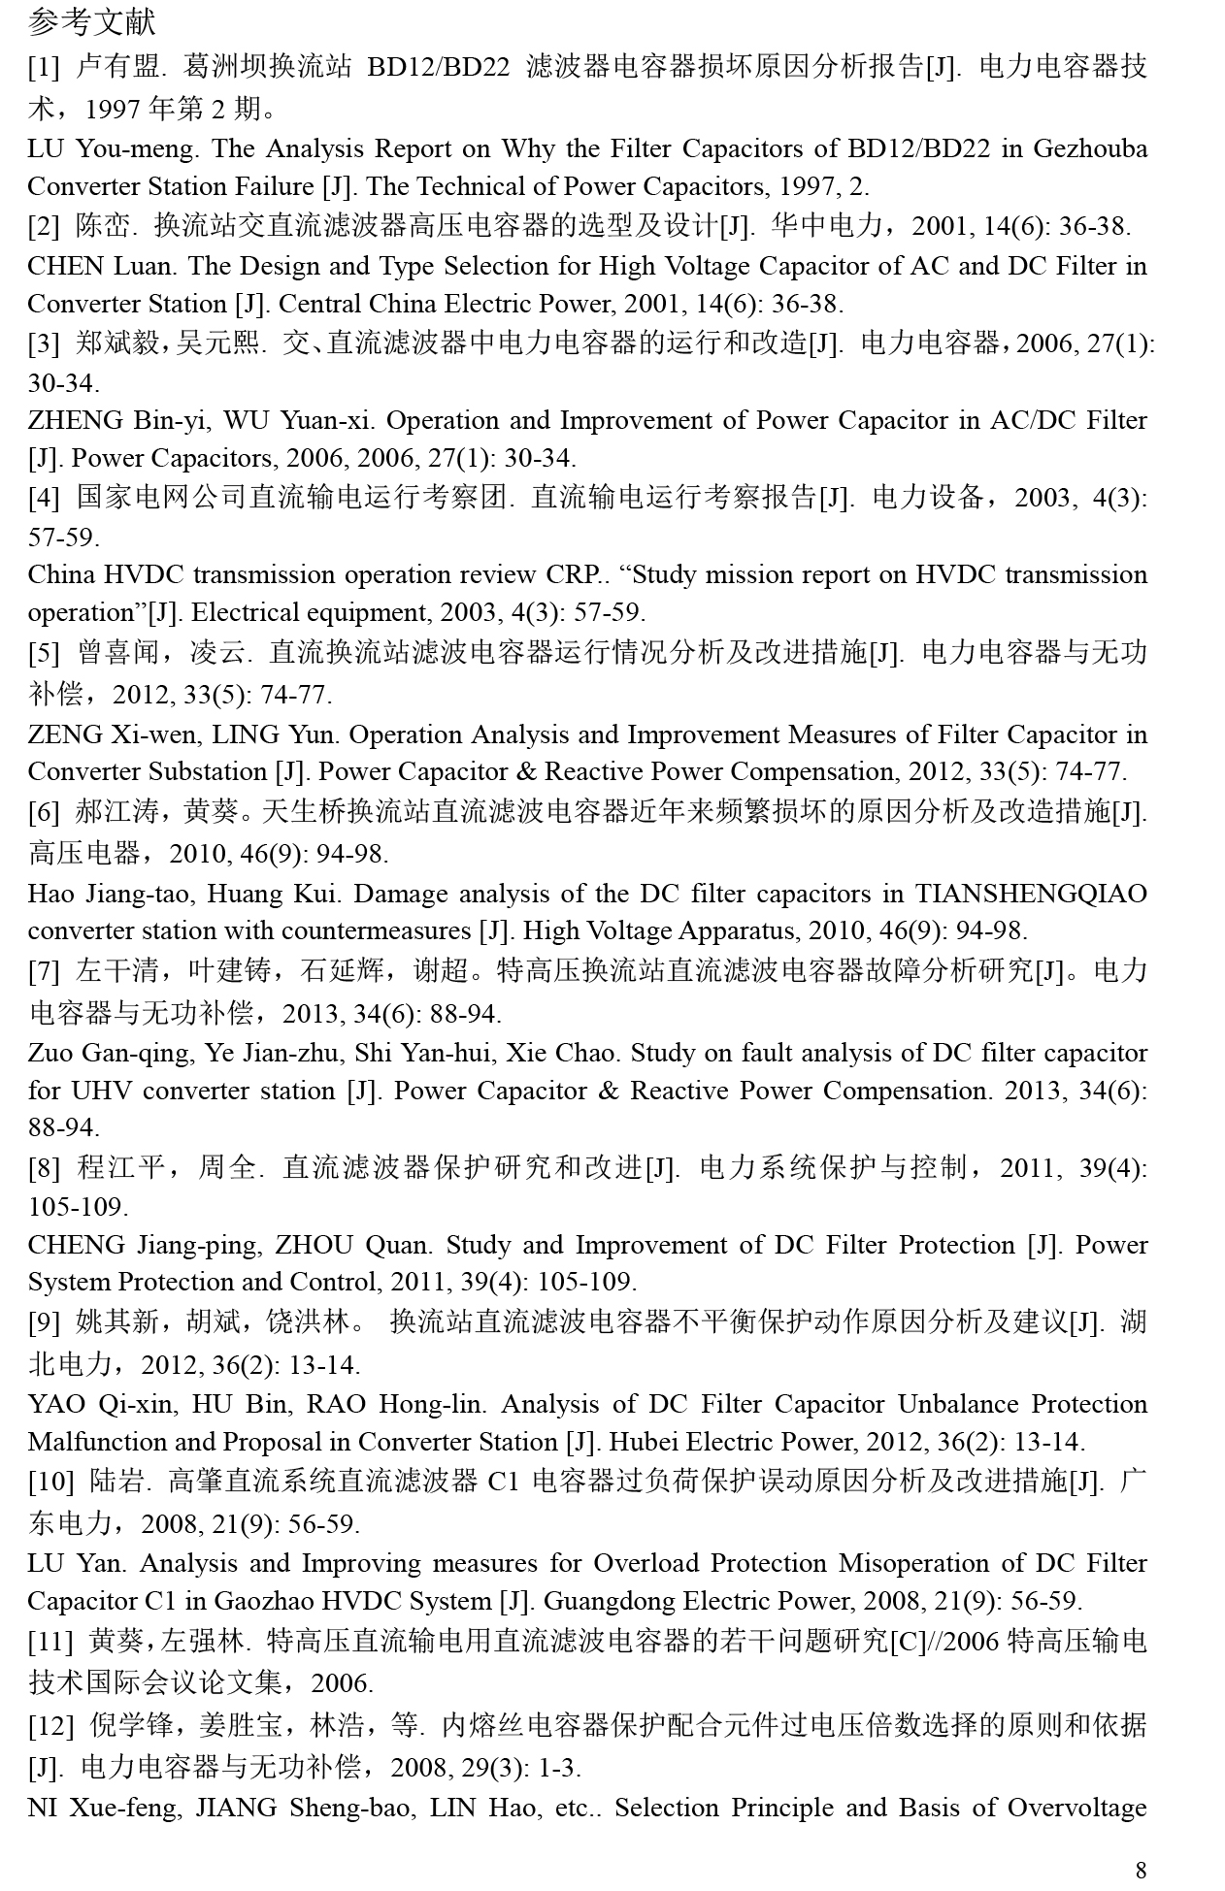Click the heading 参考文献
click(91, 21)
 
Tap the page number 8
click(1141, 1870)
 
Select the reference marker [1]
click(43, 67)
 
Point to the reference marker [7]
click(43, 970)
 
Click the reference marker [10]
click(50, 1482)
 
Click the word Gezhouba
click(1089, 148)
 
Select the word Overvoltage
click(1077, 1808)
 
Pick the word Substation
click(210, 771)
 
